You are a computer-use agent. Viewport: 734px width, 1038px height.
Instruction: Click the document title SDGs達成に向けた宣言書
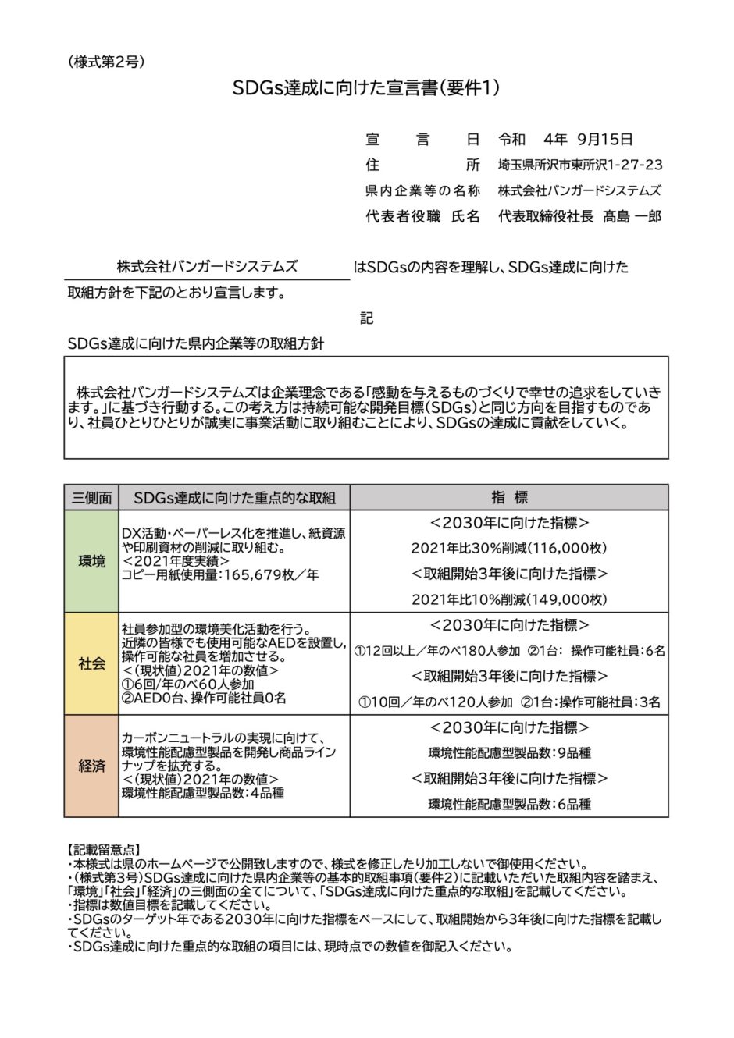pyautogui.click(x=366, y=88)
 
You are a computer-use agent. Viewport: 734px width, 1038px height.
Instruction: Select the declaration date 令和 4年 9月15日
pyautogui.click(x=565, y=140)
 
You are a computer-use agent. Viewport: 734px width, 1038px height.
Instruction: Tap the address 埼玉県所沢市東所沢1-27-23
pyautogui.click(x=580, y=165)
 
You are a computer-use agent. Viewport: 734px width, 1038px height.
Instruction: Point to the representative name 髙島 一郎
pyautogui.click(x=632, y=216)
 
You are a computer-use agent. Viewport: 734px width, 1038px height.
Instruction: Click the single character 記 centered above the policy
pyautogui.click(x=366, y=318)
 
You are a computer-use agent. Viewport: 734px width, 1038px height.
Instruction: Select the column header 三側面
pyautogui.click(x=91, y=498)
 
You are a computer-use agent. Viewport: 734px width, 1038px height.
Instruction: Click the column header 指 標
pyautogui.click(x=509, y=498)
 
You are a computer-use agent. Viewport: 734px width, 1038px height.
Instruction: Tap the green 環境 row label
pyautogui.click(x=91, y=561)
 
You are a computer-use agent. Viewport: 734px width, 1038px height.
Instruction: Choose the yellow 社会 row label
pyautogui.click(x=91, y=664)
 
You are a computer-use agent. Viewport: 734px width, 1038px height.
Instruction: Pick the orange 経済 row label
pyautogui.click(x=91, y=766)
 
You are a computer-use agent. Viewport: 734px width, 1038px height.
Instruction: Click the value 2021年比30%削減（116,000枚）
pyautogui.click(x=509, y=549)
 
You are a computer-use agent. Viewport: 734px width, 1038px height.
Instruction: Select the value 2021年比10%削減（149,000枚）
pyautogui.click(x=509, y=599)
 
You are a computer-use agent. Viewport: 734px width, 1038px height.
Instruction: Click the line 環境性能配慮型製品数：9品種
pyautogui.click(x=509, y=753)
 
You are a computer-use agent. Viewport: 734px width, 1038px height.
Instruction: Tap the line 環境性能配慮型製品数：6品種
pyautogui.click(x=509, y=804)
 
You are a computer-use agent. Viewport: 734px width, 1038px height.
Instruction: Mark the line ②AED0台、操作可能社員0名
pyautogui.click(x=204, y=698)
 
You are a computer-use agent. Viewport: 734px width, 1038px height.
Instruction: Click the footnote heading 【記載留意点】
pyautogui.click(x=104, y=849)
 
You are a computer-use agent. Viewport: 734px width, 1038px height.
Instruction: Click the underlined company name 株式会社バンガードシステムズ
pyautogui.click(x=207, y=267)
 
